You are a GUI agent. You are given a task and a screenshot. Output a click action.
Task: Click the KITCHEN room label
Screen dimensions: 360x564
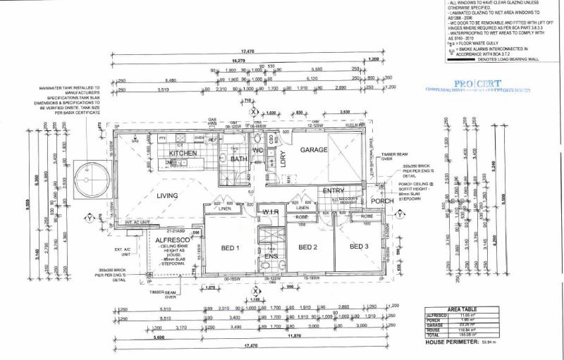click(182, 153)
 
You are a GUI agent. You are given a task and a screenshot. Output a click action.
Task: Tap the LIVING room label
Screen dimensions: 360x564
click(167, 195)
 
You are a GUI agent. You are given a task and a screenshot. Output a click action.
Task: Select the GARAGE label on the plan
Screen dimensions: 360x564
click(315, 150)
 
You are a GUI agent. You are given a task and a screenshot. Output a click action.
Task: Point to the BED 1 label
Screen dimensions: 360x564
click(231, 247)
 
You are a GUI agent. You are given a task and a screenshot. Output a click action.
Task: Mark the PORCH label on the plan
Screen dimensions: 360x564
click(383, 201)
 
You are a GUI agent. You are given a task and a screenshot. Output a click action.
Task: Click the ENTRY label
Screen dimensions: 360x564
click(333, 191)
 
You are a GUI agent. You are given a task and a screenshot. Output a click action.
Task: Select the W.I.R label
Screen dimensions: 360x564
click(272, 212)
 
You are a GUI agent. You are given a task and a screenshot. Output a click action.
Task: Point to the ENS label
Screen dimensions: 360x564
click(271, 256)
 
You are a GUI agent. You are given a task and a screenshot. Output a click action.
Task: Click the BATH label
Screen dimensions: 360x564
click(240, 159)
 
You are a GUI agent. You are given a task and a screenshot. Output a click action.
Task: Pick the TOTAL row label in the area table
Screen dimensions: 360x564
click(434, 335)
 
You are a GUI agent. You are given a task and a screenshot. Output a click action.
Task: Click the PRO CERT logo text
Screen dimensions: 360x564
click(477, 83)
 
